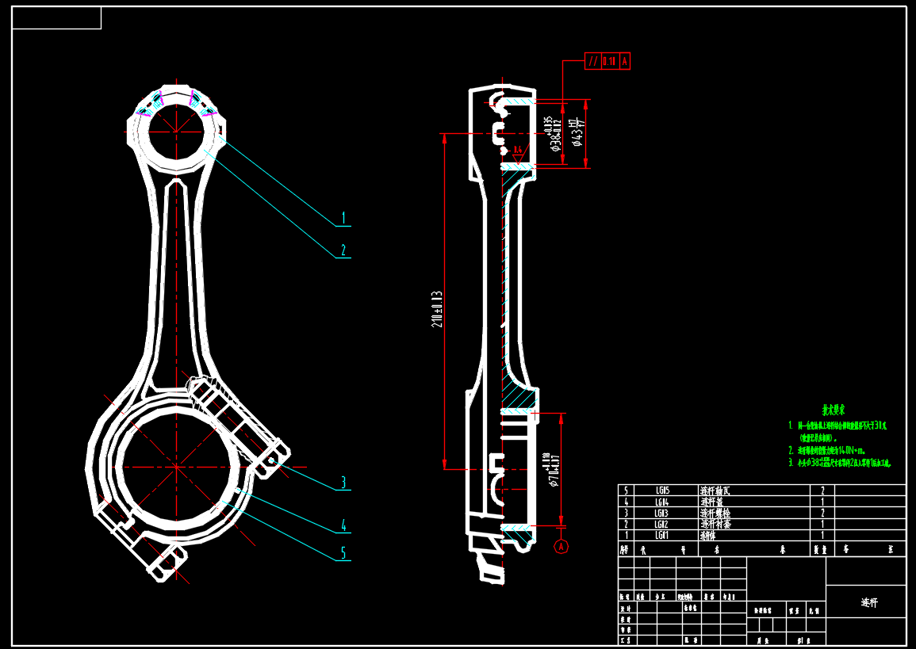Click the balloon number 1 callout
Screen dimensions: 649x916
point(343,216)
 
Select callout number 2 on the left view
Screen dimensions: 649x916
point(343,250)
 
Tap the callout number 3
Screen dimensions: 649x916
point(343,482)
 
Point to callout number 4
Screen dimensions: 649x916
point(343,525)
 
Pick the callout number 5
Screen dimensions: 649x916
point(343,552)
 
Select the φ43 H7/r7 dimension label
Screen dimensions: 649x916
point(578,133)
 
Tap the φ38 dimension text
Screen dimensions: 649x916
point(553,133)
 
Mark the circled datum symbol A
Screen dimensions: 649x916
point(561,546)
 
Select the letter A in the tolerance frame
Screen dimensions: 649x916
point(624,61)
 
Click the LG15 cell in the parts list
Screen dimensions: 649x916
point(663,491)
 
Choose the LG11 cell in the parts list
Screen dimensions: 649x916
point(663,536)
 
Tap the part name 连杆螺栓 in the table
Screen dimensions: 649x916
point(717,513)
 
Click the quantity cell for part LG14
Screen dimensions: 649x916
point(822,502)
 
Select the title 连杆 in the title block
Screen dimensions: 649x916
point(869,602)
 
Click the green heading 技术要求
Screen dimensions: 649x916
point(833,410)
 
